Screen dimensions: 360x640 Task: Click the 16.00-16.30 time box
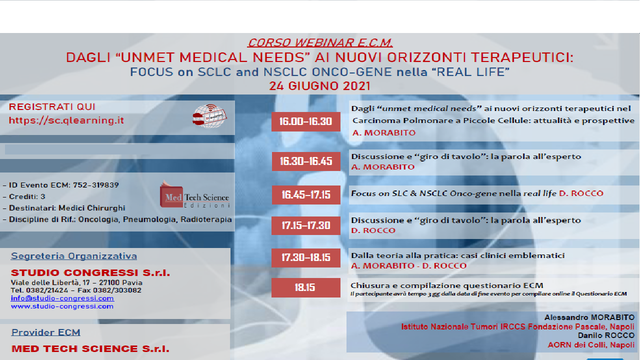(x=305, y=121)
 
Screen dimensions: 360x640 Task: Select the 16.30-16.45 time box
(x=305, y=161)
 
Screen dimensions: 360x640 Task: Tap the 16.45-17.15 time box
(x=305, y=195)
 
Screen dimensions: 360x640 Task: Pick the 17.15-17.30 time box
(x=305, y=225)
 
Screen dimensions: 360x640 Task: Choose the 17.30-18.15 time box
(x=305, y=257)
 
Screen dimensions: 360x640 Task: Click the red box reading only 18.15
(x=305, y=287)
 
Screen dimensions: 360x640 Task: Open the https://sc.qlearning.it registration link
(x=66, y=120)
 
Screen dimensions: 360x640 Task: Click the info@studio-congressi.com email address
(x=62, y=298)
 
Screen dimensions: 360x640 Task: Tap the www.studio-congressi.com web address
(x=62, y=306)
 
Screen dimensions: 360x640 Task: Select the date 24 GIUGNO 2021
(x=319, y=85)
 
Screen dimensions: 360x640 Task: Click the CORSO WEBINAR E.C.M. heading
(x=320, y=43)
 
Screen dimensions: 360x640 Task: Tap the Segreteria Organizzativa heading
(x=74, y=256)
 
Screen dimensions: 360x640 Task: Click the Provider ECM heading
(x=46, y=332)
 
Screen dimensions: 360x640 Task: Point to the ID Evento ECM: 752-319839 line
(x=60, y=185)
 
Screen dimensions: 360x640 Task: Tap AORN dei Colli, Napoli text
(x=591, y=345)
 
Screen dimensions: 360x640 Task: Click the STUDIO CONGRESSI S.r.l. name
(x=90, y=273)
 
